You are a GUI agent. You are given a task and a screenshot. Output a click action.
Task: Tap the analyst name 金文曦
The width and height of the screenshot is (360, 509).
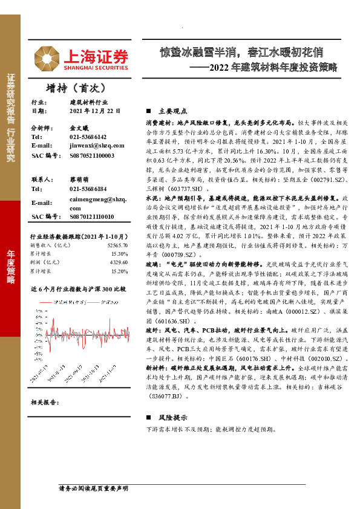[x=79, y=129]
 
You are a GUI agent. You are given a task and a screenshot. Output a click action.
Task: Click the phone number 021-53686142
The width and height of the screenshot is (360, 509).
[x=88, y=137]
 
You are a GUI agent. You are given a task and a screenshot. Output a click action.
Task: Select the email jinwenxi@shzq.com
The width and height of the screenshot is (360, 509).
[x=93, y=146]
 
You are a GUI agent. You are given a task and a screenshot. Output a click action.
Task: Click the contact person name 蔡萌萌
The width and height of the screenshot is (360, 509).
[x=79, y=180]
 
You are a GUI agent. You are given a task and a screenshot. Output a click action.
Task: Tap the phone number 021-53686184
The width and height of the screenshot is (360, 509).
[x=88, y=189]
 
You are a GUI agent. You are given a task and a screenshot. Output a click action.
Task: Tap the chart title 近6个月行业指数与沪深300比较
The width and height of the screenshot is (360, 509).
[x=78, y=289]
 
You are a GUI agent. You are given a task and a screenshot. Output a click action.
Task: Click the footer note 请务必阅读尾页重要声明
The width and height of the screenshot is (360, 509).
[x=93, y=488]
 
